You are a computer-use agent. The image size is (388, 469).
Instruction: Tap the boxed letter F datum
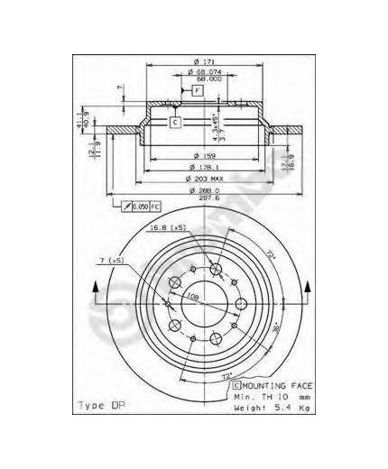(197, 91)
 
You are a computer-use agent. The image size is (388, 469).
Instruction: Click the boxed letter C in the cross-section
(176, 121)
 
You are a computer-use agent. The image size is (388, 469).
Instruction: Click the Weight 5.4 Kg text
(260, 407)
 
